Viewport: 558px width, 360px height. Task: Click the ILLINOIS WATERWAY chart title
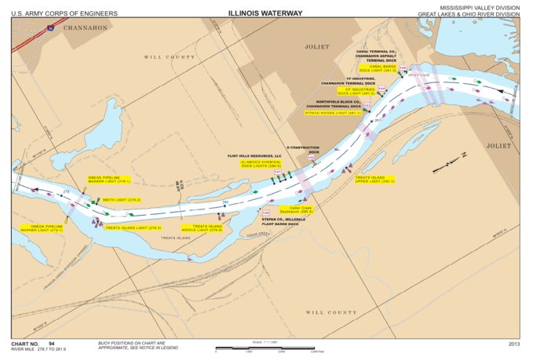[x=264, y=13]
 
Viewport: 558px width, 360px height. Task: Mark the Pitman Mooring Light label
[x=332, y=113]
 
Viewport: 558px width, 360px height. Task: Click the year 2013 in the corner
[x=514, y=344]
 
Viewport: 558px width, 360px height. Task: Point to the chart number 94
[x=52, y=344]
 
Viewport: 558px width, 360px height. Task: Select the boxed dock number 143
[x=367, y=106]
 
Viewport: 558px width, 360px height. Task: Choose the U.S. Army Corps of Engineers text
[x=65, y=13]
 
